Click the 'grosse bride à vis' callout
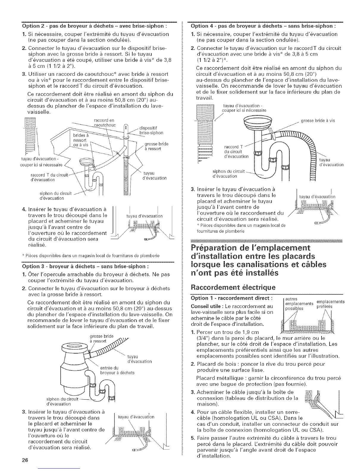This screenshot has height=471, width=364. [x=318, y=120]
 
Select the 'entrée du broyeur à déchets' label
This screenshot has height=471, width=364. [x=117, y=370]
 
